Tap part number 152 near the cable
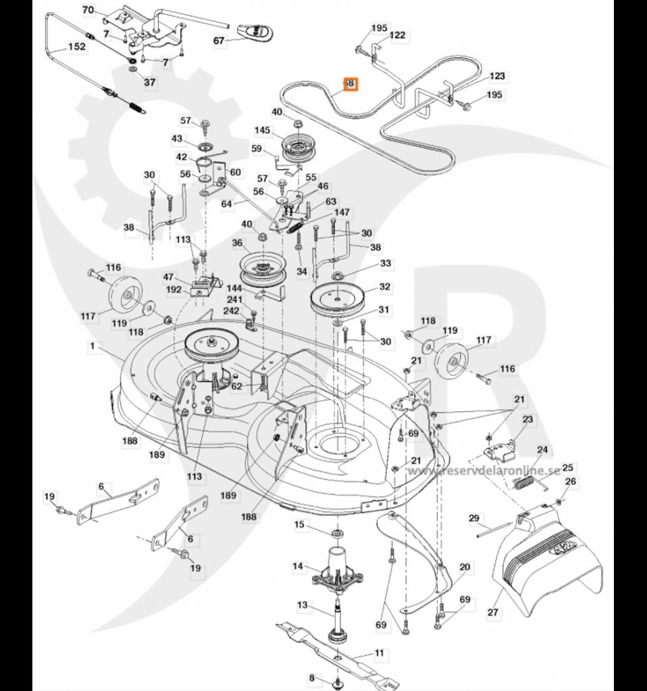click(x=77, y=47)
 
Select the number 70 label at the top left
click(x=88, y=9)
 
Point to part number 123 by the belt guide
click(x=497, y=76)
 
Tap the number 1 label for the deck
click(x=90, y=345)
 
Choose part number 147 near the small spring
click(x=342, y=213)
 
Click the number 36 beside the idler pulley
click(x=237, y=243)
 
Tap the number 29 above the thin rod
click(x=474, y=518)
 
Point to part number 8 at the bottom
click(x=312, y=678)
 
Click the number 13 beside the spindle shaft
click(x=302, y=605)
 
